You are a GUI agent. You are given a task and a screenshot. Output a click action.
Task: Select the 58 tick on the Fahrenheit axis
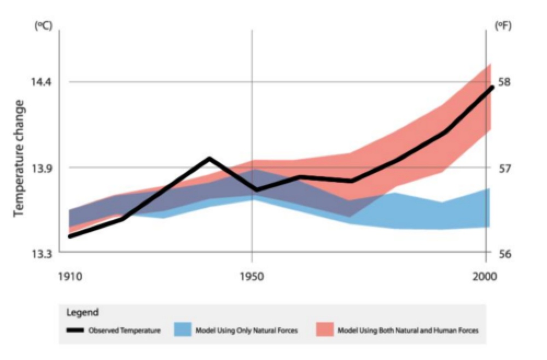[x=504, y=82]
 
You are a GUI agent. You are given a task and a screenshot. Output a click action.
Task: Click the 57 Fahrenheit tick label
[x=504, y=168]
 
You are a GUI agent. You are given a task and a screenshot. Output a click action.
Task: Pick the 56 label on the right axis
[x=504, y=254]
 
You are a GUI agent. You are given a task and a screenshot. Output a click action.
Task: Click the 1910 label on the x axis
[x=69, y=276]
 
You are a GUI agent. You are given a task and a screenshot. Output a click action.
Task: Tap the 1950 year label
[x=252, y=276]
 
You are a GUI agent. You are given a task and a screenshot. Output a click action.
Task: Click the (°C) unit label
[x=43, y=26]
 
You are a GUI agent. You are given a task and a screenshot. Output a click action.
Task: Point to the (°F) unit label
[x=503, y=26]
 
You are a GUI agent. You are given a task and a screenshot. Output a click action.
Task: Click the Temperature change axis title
[x=20, y=158]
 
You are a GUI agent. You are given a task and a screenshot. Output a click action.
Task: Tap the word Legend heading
[x=82, y=313]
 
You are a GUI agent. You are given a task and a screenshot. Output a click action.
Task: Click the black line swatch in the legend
[x=75, y=330]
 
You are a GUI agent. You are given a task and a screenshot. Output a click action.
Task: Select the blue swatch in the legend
[x=182, y=330]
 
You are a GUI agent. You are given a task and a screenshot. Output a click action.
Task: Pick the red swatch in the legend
[x=325, y=330]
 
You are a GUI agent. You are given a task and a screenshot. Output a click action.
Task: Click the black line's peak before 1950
[x=209, y=158]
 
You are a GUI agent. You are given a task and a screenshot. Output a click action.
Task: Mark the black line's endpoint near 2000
[x=492, y=87]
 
